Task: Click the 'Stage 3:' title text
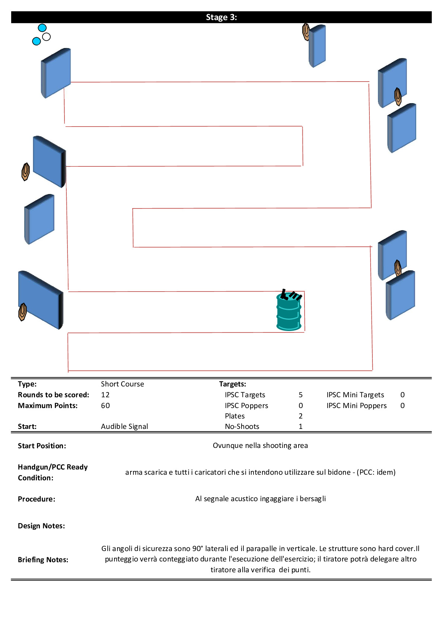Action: [221, 17]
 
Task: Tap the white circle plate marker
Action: [47, 36]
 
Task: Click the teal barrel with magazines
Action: [289, 312]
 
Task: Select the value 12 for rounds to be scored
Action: [105, 395]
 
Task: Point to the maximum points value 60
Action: [105, 405]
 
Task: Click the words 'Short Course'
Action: [122, 384]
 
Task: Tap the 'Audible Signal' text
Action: [125, 426]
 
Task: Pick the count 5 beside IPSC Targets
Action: [300, 395]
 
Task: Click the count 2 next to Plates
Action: [300, 416]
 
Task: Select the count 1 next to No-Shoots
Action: [300, 426]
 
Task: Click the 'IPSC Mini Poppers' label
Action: [356, 405]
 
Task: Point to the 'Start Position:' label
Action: [42, 446]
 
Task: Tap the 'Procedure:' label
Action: [37, 499]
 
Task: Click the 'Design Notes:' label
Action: [41, 526]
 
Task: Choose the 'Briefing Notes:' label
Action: [43, 560]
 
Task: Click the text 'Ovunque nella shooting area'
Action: [260, 445]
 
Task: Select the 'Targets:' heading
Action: [233, 384]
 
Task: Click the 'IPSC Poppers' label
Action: [246, 405]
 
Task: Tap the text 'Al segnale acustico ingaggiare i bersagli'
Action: [260, 499]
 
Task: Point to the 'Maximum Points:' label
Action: [48, 405]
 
